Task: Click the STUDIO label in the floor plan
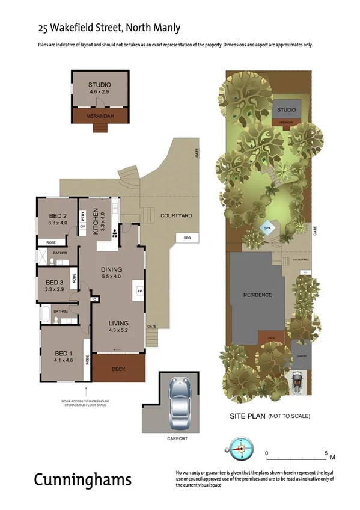(x=100, y=85)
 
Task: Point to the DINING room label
(x=111, y=269)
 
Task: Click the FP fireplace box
(x=140, y=291)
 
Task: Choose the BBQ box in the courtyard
(x=187, y=238)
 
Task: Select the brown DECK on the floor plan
(x=118, y=368)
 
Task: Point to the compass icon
(x=239, y=449)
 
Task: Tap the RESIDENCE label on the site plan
(x=257, y=295)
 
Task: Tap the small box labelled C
(x=94, y=298)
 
